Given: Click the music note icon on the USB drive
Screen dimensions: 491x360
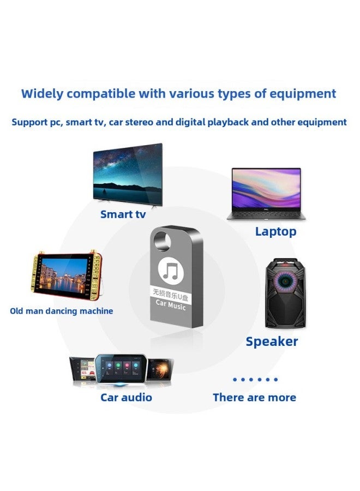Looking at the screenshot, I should point(171,271).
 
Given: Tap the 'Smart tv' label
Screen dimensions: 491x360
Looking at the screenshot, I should point(123,214).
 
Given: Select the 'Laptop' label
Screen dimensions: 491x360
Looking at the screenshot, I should point(275,231).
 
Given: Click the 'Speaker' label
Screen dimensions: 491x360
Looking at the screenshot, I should point(272,342).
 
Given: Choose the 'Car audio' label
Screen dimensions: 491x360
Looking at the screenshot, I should point(126,397).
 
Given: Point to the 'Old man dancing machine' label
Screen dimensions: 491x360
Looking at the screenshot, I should point(62,311).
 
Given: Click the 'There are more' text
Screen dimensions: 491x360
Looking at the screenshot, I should point(254,397).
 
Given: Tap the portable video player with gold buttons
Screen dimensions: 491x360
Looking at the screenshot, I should point(62,278).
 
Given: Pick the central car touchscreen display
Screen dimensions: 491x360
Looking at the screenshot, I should point(121,369).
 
